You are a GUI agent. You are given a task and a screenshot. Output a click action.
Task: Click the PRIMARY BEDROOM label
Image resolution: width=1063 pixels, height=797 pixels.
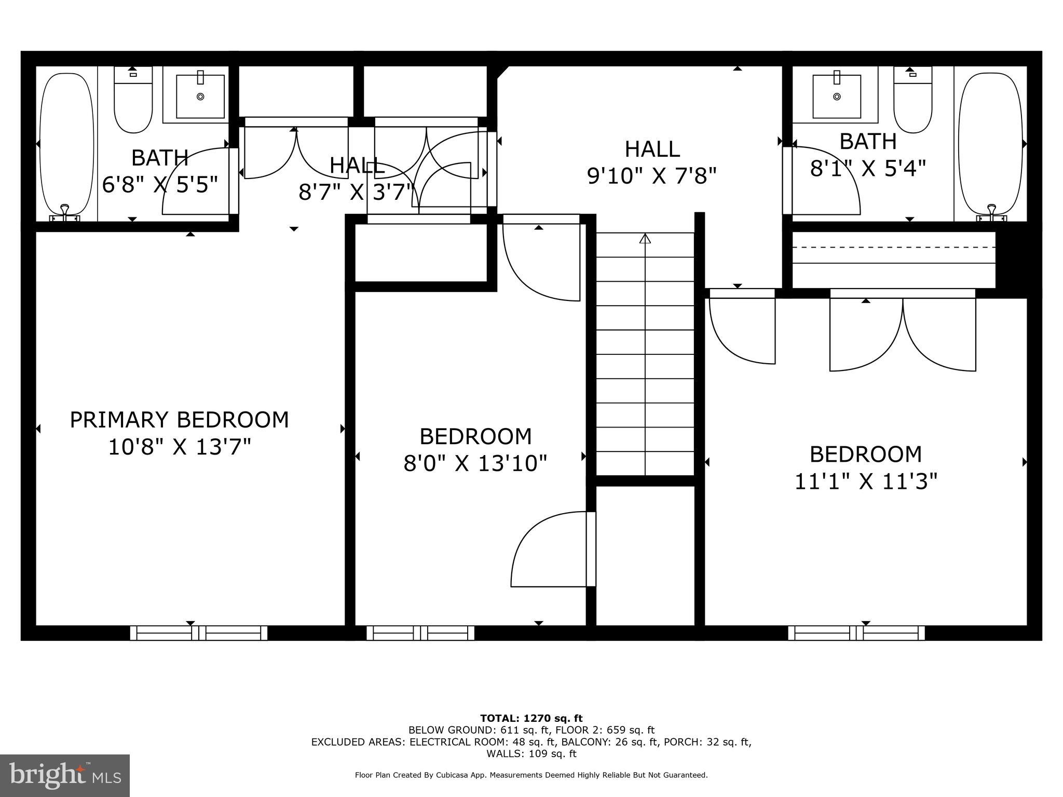point(179,420)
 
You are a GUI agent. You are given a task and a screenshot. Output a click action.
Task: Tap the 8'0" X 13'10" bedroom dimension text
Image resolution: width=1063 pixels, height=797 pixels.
point(475,463)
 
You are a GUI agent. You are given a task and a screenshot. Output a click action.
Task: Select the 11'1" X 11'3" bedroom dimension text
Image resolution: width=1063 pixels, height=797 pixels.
point(866,482)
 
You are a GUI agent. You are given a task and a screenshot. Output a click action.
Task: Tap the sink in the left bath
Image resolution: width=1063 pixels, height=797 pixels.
point(200,97)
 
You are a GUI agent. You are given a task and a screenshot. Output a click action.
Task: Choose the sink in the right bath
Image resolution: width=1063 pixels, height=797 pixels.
point(837,97)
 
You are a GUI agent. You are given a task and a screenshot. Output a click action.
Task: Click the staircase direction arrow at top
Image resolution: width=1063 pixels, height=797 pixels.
point(645,239)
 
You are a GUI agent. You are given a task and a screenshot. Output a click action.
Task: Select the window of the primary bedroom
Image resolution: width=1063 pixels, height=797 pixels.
point(198,633)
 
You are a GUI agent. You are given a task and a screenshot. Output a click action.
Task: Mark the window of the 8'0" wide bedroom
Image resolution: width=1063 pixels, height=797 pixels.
point(420,633)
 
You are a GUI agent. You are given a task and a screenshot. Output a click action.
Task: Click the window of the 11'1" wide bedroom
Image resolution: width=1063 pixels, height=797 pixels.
point(856,633)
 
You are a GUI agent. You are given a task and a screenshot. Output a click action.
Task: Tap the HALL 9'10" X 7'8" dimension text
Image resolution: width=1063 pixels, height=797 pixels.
point(651,176)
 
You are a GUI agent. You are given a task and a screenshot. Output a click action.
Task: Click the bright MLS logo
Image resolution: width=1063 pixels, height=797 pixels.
point(65,775)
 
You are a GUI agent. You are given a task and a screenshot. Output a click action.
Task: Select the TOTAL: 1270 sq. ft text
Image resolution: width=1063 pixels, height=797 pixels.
point(531,719)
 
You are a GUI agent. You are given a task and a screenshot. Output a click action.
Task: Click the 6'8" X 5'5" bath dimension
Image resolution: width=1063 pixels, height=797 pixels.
point(159,185)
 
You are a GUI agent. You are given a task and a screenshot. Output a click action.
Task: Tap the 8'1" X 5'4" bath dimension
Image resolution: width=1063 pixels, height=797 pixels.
point(868,168)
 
